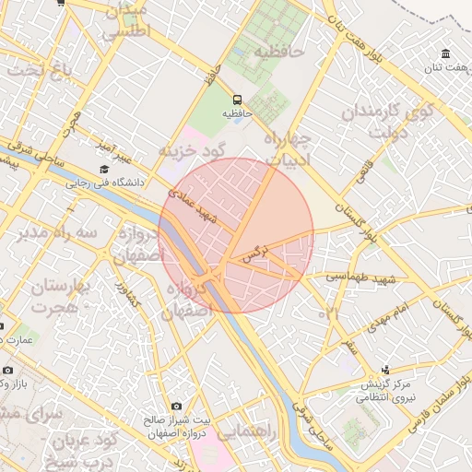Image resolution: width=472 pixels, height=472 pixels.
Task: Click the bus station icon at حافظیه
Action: click(x=237, y=99)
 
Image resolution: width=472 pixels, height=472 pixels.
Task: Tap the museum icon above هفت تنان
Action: click(x=446, y=53)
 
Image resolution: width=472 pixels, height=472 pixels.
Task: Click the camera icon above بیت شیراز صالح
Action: click(x=176, y=407)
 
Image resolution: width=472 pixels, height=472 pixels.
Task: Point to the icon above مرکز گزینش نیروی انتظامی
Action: click(x=386, y=370)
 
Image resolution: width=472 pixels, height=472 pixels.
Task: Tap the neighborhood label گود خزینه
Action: click(x=192, y=149)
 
